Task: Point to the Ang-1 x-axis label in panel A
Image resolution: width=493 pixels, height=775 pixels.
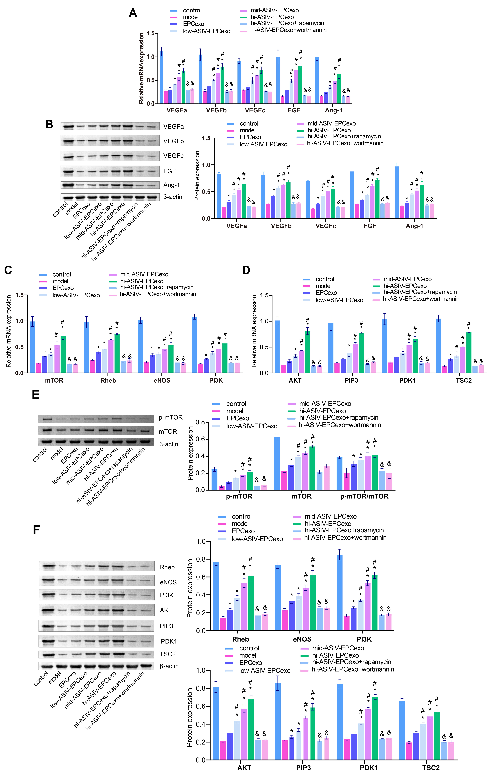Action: click(333, 110)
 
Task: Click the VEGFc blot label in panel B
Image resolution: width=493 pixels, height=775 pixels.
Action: click(173, 156)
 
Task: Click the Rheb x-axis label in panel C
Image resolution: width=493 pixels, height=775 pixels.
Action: click(108, 380)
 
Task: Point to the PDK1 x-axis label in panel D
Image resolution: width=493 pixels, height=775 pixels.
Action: click(407, 380)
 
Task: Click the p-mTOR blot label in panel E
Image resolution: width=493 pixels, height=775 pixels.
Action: click(171, 417)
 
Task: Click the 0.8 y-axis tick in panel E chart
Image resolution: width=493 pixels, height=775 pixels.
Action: click(200, 422)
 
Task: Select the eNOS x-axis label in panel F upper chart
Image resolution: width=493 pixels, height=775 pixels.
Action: click(302, 639)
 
